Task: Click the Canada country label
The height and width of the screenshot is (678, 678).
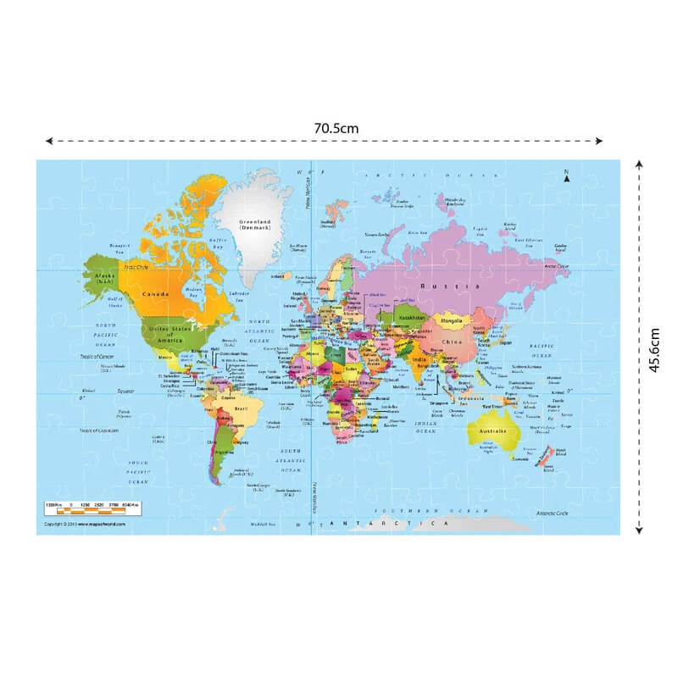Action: (x=156, y=294)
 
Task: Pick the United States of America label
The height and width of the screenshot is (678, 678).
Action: (x=166, y=332)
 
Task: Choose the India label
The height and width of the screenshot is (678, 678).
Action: (x=418, y=358)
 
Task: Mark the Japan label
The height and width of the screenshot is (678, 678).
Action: (x=507, y=342)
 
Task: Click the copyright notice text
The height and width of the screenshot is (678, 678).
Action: (x=86, y=525)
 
